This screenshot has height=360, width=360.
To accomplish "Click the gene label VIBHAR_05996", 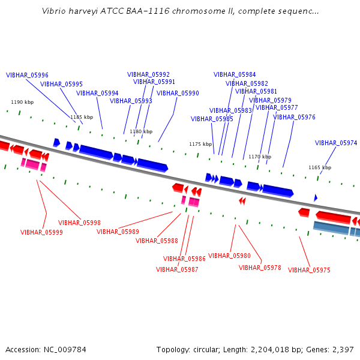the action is tap(27, 75).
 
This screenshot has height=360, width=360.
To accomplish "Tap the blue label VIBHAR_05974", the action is tap(336, 143).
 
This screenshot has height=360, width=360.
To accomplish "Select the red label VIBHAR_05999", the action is tap(41, 232).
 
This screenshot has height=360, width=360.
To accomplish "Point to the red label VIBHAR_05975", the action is tap(309, 270).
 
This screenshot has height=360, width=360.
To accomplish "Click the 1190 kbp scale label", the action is tap(22, 102).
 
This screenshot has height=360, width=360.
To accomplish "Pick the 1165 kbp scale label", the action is tap(320, 167).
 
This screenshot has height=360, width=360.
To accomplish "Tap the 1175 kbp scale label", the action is tap(200, 144).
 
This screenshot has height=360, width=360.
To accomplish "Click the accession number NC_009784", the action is tap(65, 350).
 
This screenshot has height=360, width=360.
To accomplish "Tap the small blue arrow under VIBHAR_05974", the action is tap(316, 197).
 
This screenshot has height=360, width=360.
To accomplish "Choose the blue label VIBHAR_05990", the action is tap(178, 93).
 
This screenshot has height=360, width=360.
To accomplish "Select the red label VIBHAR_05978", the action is tap(260, 268).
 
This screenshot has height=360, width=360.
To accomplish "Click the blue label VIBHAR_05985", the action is tap(212, 119).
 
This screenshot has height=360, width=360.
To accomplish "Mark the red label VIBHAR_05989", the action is tap(118, 232).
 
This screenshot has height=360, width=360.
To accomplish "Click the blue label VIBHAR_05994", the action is tap(97, 93).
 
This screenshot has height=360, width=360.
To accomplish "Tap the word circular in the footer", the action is tap(205, 350).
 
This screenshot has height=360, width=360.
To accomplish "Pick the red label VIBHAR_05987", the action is tap(177, 269).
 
